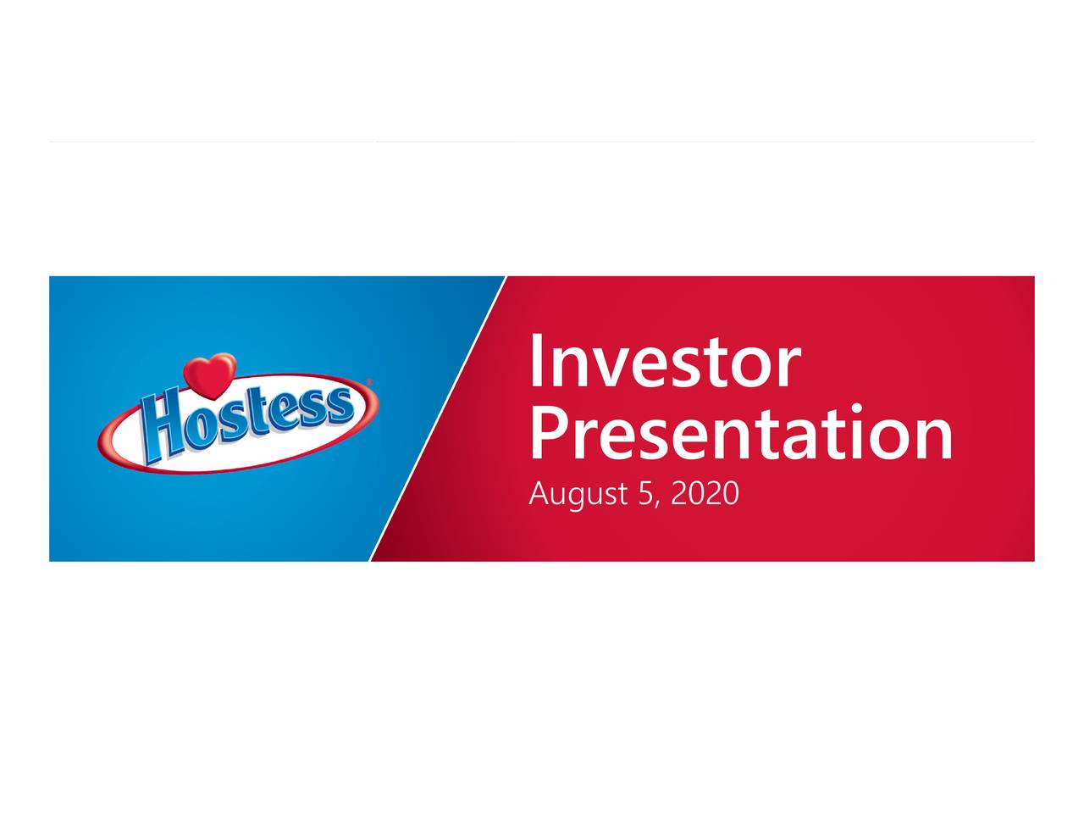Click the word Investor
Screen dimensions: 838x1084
point(664,363)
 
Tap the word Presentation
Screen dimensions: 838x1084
point(740,434)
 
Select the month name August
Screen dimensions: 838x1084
point(578,494)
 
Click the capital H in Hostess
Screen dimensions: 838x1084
point(164,429)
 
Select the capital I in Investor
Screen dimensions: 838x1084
point(537,362)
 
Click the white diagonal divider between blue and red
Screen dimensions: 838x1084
point(438,419)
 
